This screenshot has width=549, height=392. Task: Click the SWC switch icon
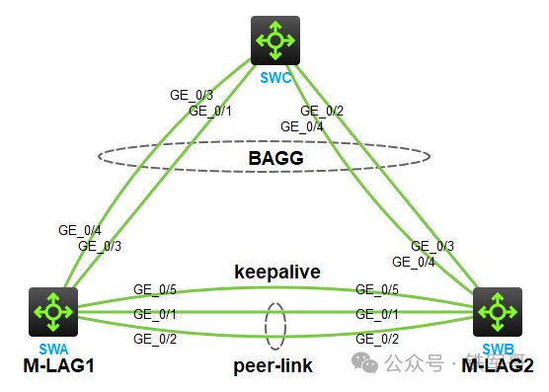(x=275, y=40)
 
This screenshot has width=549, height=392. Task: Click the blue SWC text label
(x=275, y=76)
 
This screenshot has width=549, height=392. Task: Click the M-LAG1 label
(x=57, y=366)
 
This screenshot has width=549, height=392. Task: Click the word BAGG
(x=274, y=156)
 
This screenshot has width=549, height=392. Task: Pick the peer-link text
(x=274, y=366)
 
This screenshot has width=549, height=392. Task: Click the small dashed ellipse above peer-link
(x=275, y=326)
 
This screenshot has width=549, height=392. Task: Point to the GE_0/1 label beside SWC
(x=210, y=111)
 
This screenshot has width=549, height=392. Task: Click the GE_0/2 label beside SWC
(x=322, y=111)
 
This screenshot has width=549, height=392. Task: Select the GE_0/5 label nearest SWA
(x=155, y=290)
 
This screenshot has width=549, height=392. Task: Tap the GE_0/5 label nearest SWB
(x=377, y=290)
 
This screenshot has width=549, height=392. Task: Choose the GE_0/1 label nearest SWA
(x=155, y=314)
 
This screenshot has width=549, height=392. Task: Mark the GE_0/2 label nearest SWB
(x=377, y=339)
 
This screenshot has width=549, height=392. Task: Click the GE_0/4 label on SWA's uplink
(x=79, y=230)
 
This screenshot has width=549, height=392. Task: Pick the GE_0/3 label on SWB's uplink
(x=432, y=246)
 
